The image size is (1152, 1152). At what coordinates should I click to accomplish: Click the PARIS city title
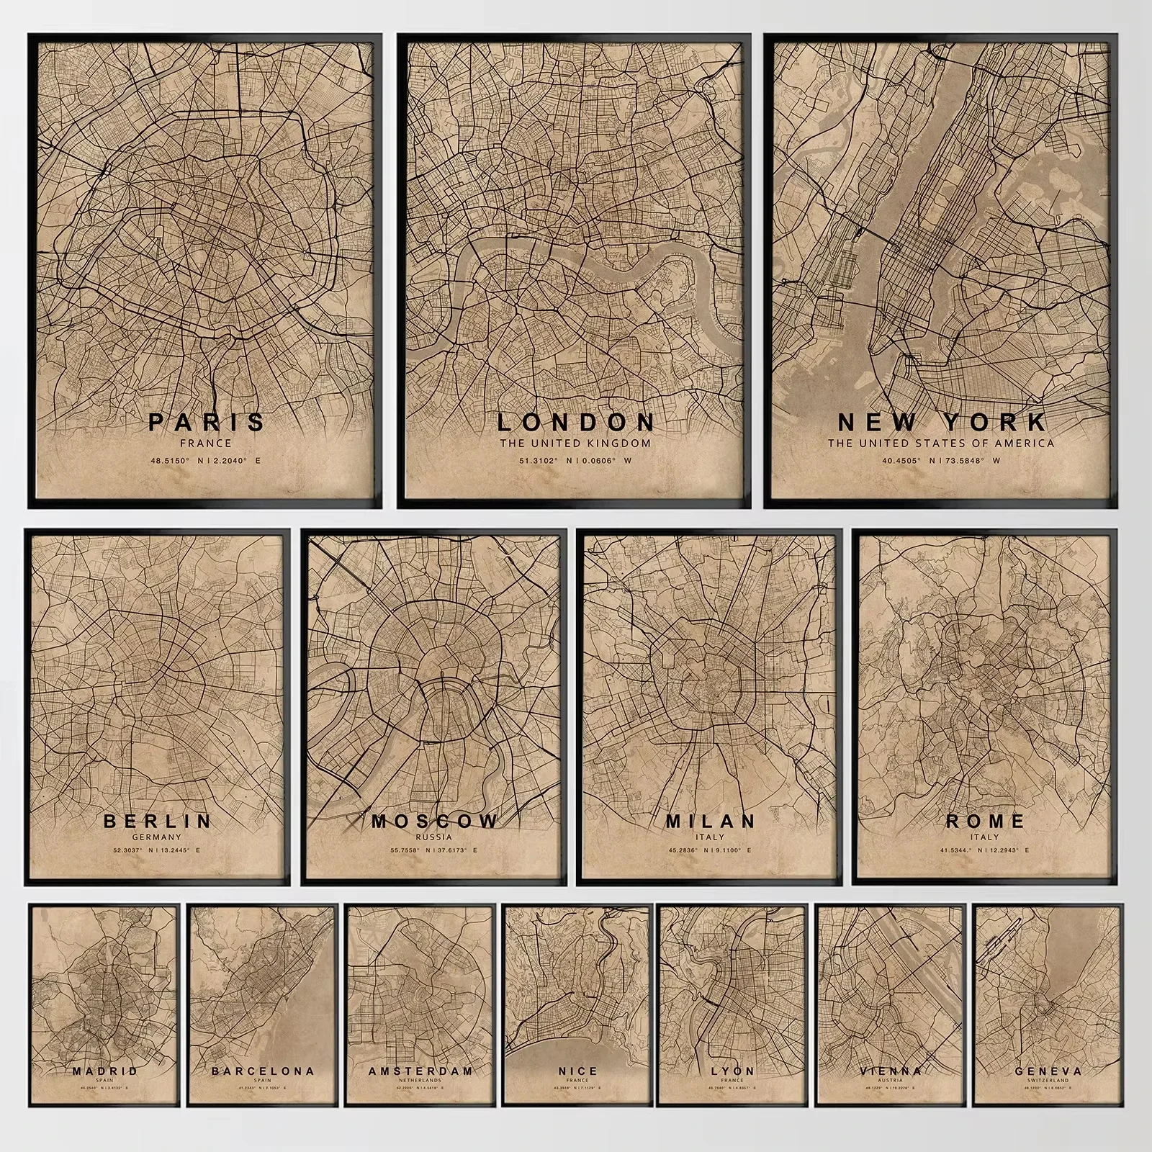click(206, 421)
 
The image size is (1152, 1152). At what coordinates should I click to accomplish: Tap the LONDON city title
click(575, 421)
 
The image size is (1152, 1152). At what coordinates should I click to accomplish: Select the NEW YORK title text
click(942, 421)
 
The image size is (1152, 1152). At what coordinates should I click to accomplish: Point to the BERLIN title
click(158, 821)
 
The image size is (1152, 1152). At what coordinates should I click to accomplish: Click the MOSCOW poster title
click(434, 821)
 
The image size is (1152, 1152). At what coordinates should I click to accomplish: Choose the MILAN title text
click(711, 821)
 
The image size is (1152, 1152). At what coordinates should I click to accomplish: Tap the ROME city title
click(985, 821)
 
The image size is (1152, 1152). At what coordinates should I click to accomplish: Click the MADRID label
click(105, 1071)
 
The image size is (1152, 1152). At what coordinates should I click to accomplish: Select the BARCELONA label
click(263, 1071)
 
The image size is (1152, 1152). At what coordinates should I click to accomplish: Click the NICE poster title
click(577, 1071)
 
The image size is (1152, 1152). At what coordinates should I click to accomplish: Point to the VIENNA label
click(891, 1071)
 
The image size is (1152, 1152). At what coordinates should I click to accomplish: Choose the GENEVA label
click(1048, 1071)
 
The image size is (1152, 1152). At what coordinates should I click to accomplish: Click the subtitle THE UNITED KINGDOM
click(575, 444)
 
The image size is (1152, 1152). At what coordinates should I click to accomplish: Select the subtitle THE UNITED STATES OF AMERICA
click(941, 444)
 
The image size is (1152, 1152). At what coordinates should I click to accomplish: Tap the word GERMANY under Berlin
click(157, 837)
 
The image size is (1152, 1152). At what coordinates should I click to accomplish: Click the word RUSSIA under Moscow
click(434, 837)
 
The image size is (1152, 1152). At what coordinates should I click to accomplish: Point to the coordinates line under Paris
click(206, 461)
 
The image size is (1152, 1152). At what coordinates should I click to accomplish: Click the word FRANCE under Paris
click(206, 444)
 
